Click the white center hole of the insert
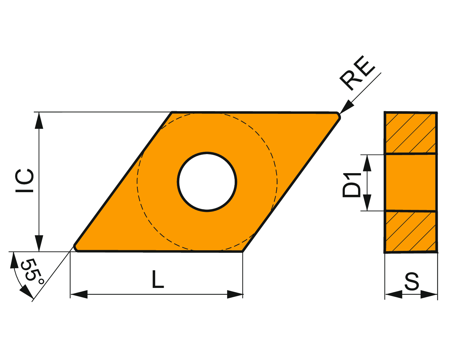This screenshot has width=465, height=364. click(207, 182)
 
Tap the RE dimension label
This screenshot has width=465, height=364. click(357, 73)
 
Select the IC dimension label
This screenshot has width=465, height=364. click(24, 181)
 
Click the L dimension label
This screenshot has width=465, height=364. click(158, 279)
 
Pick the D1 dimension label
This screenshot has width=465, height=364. click(351, 185)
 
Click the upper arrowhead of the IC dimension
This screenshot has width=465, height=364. click(39, 121)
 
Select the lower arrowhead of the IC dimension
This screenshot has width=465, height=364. click(39, 243)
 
